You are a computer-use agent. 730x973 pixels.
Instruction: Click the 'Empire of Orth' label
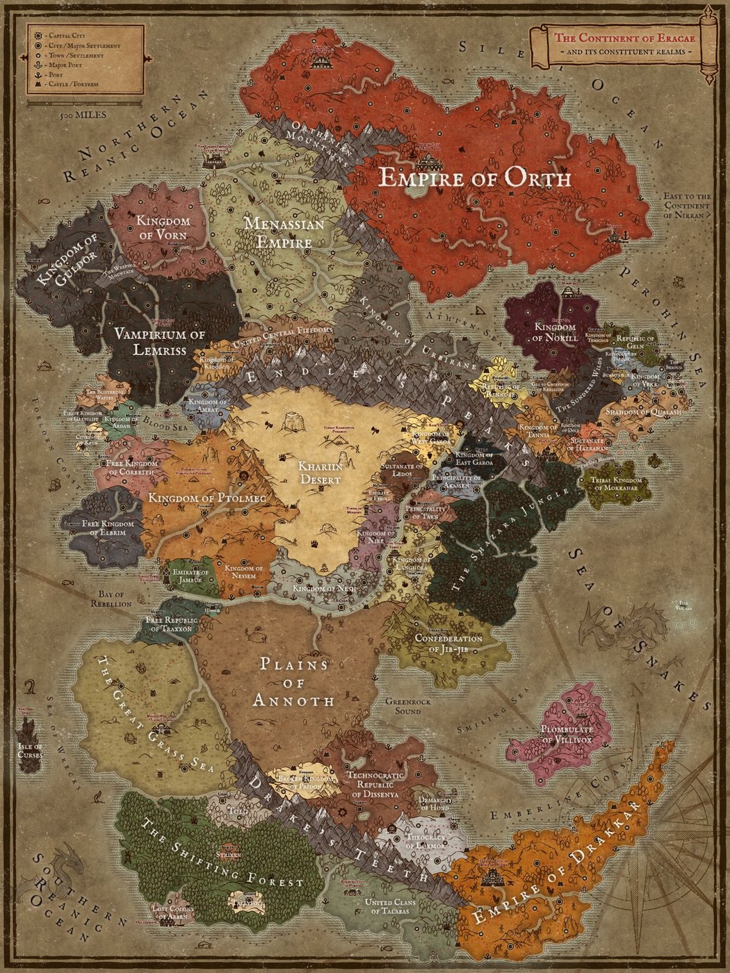coord(475,179)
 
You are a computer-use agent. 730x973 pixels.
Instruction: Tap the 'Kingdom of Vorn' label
coord(162,228)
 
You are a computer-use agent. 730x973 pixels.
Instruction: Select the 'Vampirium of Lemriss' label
coord(160,343)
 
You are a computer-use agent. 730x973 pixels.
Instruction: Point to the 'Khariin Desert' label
coord(320,473)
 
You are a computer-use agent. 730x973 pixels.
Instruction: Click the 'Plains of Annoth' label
coord(293,682)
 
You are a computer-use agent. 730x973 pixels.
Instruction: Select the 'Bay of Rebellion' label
coord(111,599)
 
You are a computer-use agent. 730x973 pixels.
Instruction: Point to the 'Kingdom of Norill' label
coord(554,332)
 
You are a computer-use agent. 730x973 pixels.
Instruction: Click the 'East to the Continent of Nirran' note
coord(687,206)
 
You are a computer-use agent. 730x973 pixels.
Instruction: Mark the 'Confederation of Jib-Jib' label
coord(448,643)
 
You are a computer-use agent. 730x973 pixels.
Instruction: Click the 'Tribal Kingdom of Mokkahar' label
coord(615,484)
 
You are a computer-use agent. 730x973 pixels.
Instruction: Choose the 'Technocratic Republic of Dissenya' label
coord(375,784)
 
